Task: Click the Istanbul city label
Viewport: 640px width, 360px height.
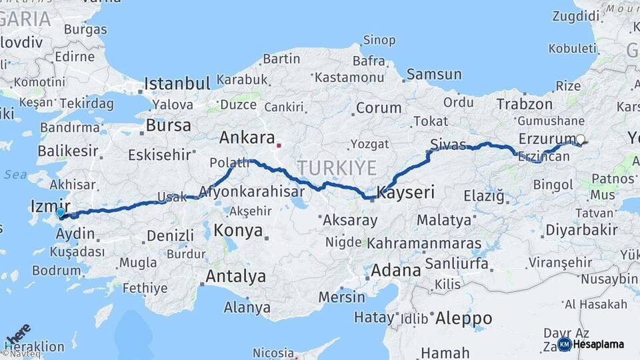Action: click(177, 83)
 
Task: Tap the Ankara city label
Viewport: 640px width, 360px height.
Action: click(247, 138)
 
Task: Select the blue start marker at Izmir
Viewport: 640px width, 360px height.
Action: click(61, 213)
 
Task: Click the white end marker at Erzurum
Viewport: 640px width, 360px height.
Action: click(580, 139)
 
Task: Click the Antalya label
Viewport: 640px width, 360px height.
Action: click(236, 276)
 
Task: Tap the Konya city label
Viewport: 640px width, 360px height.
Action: click(237, 231)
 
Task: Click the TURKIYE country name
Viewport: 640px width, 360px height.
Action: click(337, 167)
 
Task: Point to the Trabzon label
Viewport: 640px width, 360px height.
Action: click(525, 104)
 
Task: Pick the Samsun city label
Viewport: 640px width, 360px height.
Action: click(434, 74)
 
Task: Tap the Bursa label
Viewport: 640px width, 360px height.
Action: click(168, 125)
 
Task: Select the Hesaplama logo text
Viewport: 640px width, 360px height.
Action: click(599, 344)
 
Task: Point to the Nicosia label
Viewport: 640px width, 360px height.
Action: click(273, 352)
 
